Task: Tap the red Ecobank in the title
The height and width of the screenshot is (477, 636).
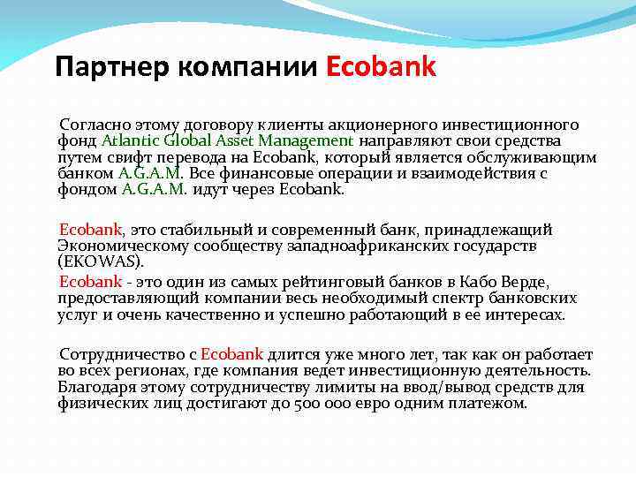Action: [381, 67]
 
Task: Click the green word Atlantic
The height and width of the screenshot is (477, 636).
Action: [130, 140]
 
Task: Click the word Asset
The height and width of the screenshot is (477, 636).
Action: [229, 140]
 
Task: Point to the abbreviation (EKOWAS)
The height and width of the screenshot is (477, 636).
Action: [99, 262]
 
